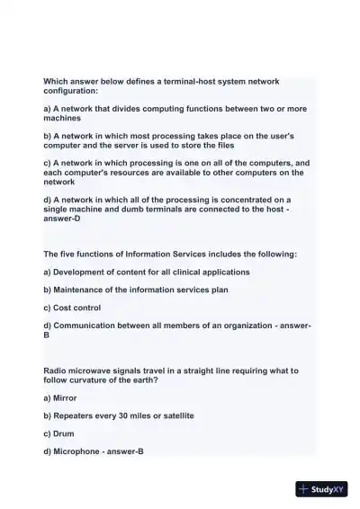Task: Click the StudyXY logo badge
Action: (321, 489)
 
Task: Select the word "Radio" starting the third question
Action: (56, 371)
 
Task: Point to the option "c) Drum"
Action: (58, 433)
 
